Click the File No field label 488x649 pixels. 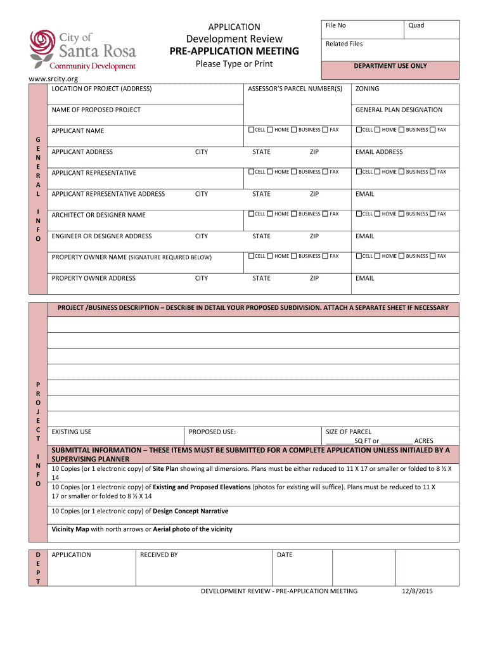tap(335, 25)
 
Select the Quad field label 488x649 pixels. tap(416, 25)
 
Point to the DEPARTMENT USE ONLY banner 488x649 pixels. tap(390, 66)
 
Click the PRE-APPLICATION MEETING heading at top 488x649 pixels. tap(234, 51)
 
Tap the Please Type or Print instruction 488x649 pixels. tap(234, 64)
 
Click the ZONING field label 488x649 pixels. tap(367, 89)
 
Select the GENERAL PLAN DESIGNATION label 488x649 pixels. tap(399, 110)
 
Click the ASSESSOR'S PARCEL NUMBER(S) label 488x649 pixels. tap(295, 89)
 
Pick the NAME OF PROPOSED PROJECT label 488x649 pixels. tap(96, 110)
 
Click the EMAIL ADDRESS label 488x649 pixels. tap(379, 152)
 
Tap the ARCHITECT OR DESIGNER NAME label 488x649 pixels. tap(98, 215)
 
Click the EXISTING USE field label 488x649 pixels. tap(71, 432)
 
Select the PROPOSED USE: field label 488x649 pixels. tap(212, 432)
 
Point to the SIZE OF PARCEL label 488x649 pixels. tap(348, 432)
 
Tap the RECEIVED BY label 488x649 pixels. tap(158, 555)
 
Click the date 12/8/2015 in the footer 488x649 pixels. tap(417, 591)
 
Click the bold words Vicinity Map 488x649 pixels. tap(70, 529)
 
